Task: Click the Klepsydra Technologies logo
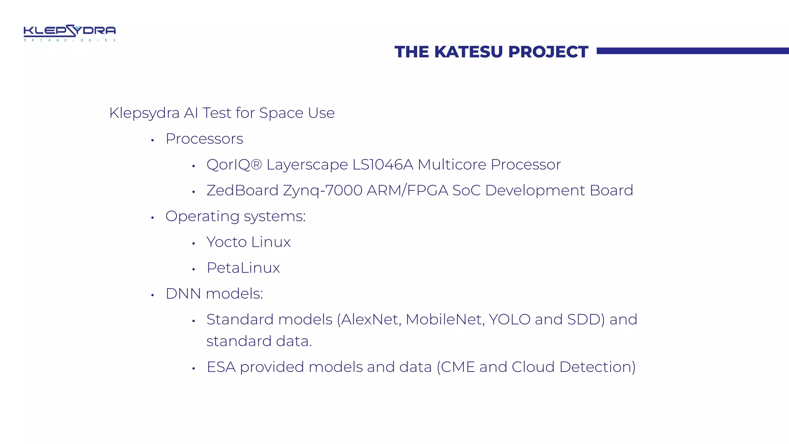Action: point(70,33)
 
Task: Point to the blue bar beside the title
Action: point(692,51)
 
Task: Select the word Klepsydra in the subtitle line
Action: point(144,113)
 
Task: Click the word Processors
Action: point(204,139)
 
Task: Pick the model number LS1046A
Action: point(383,165)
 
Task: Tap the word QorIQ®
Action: point(234,165)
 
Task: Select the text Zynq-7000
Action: point(322,191)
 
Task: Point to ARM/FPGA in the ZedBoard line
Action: point(407,190)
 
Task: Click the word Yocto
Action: point(227,242)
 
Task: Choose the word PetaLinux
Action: point(243,268)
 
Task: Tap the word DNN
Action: point(183,294)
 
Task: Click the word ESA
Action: point(221,367)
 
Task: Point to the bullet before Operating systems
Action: point(153,218)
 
